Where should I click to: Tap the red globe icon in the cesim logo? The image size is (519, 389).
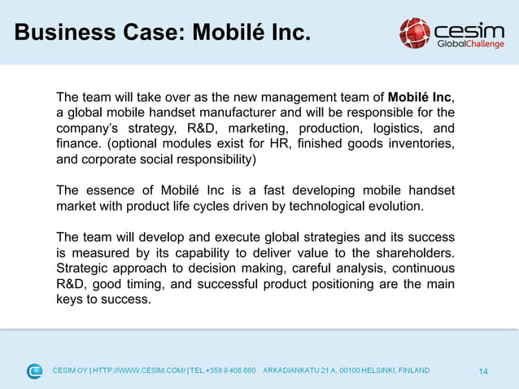pos(414,33)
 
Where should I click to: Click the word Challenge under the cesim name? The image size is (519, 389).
pos(483,44)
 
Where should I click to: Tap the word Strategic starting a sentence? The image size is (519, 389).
pos(85,269)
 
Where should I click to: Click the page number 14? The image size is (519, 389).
pos(483,372)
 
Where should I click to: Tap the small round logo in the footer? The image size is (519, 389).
pos(34,371)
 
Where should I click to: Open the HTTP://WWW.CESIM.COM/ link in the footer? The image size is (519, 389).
pos(139,371)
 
